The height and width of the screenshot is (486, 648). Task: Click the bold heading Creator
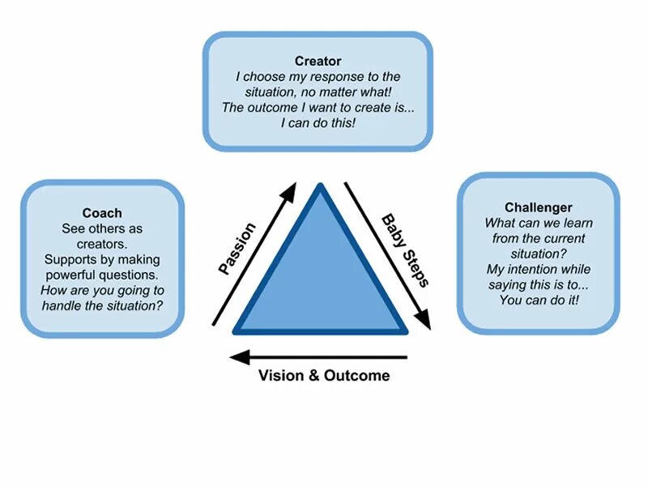318,62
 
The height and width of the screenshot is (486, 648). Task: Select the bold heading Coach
102,213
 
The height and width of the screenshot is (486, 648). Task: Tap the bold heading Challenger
538,207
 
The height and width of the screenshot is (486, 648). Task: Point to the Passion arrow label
237,249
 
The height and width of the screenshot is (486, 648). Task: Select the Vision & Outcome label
324,375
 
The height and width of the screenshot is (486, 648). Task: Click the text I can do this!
318,123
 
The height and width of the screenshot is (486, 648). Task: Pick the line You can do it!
538,300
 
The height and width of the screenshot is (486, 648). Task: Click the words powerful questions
103,275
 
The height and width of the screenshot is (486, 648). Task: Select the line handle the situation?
102,305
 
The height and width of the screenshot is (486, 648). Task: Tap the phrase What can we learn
538,223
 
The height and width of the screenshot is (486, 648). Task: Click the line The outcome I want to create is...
318,108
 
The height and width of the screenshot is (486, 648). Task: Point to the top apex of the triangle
321,188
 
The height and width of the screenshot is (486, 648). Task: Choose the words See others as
102,228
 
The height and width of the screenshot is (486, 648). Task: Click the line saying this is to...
538,284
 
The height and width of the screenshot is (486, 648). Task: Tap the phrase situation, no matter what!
318,92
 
